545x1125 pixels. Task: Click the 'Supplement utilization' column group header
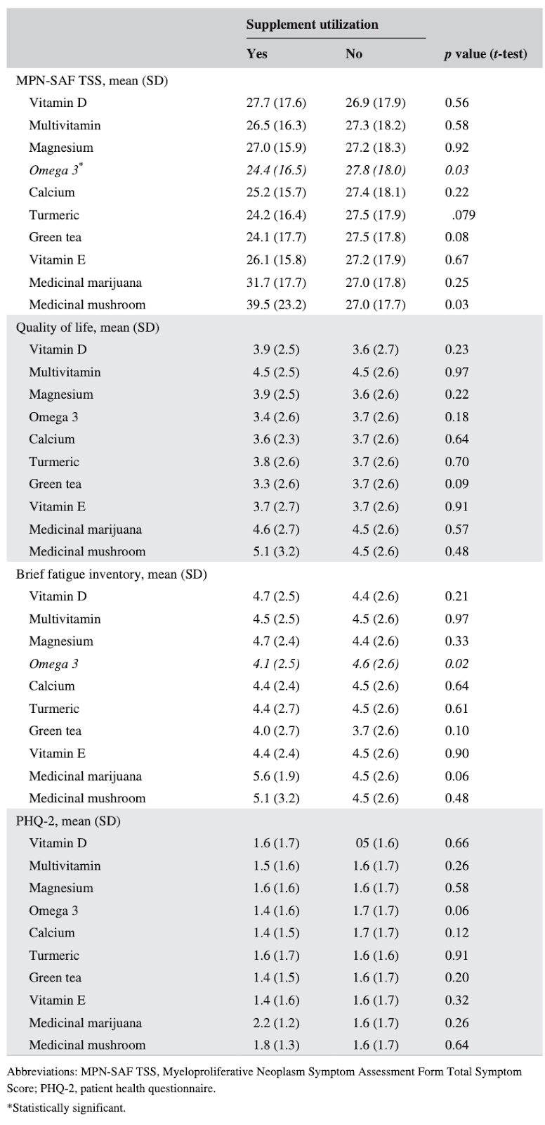click(312, 25)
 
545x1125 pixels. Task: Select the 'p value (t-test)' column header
click(485, 53)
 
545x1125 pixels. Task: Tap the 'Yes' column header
click(256, 53)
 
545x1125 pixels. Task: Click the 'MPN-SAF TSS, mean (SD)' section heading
click(92, 80)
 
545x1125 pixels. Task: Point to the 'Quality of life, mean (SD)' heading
click(88, 328)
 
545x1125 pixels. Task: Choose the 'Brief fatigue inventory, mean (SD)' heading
click(112, 574)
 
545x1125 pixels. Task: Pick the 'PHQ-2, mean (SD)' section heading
click(68, 821)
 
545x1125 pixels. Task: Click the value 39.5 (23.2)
click(276, 305)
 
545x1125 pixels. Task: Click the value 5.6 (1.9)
click(276, 776)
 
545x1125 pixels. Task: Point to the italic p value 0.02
click(457, 664)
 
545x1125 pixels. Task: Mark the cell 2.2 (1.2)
click(276, 1023)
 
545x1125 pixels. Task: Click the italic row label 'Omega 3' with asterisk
click(55, 169)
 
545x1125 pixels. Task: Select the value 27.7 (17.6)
click(276, 103)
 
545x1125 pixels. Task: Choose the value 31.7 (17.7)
click(276, 283)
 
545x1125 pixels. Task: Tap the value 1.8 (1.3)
click(276, 1045)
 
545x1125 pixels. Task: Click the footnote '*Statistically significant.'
click(66, 1107)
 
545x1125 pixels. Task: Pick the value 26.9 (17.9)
click(375, 103)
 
